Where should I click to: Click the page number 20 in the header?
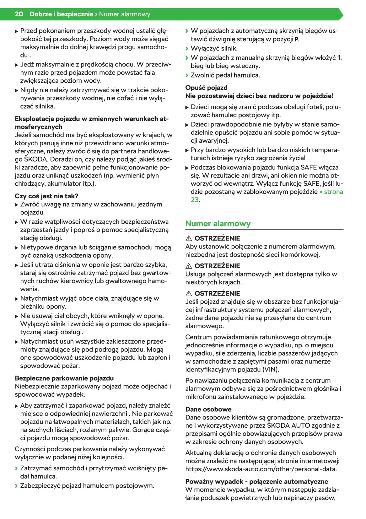(x=19, y=14)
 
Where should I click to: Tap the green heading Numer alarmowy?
(x=218, y=224)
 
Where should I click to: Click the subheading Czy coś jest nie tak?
(x=46, y=196)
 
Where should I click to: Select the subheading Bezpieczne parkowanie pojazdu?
(x=64, y=378)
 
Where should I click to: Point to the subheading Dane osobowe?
(x=208, y=409)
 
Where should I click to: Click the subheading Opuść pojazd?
(x=206, y=88)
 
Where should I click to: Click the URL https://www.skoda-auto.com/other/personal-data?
(x=261, y=469)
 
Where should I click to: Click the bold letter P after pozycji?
(x=297, y=40)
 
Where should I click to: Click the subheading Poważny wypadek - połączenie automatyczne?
(x=256, y=481)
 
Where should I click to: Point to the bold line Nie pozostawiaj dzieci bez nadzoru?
(x=259, y=96)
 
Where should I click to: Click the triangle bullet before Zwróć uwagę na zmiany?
(x=17, y=205)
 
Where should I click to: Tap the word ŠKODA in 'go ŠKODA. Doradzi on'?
(x=36, y=159)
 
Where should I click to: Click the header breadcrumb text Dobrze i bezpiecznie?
(x=61, y=14)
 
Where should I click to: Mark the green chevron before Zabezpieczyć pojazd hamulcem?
(x=16, y=486)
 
